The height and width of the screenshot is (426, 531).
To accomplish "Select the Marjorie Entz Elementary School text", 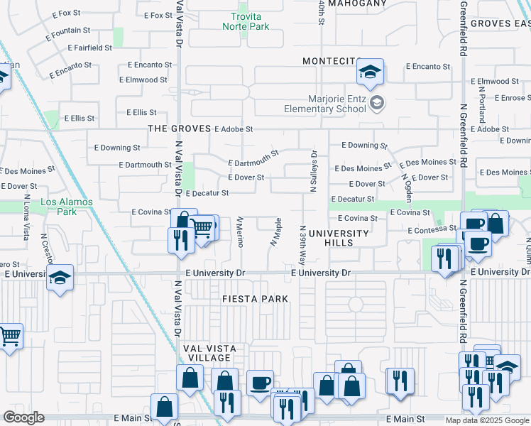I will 325,104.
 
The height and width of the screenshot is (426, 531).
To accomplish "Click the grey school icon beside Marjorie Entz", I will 377,104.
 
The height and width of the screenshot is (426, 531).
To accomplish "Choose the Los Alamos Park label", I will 58,207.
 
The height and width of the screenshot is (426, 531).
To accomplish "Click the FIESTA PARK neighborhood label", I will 255,299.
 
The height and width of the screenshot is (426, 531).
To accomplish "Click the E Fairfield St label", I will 90,48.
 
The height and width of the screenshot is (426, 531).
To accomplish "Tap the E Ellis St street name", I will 141,112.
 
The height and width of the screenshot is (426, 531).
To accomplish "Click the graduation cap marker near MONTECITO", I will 369,72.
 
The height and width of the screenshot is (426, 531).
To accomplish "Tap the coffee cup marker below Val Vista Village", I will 259,383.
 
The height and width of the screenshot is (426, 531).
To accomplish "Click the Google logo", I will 23,417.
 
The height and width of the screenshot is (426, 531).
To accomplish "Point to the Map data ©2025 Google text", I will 486,420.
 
